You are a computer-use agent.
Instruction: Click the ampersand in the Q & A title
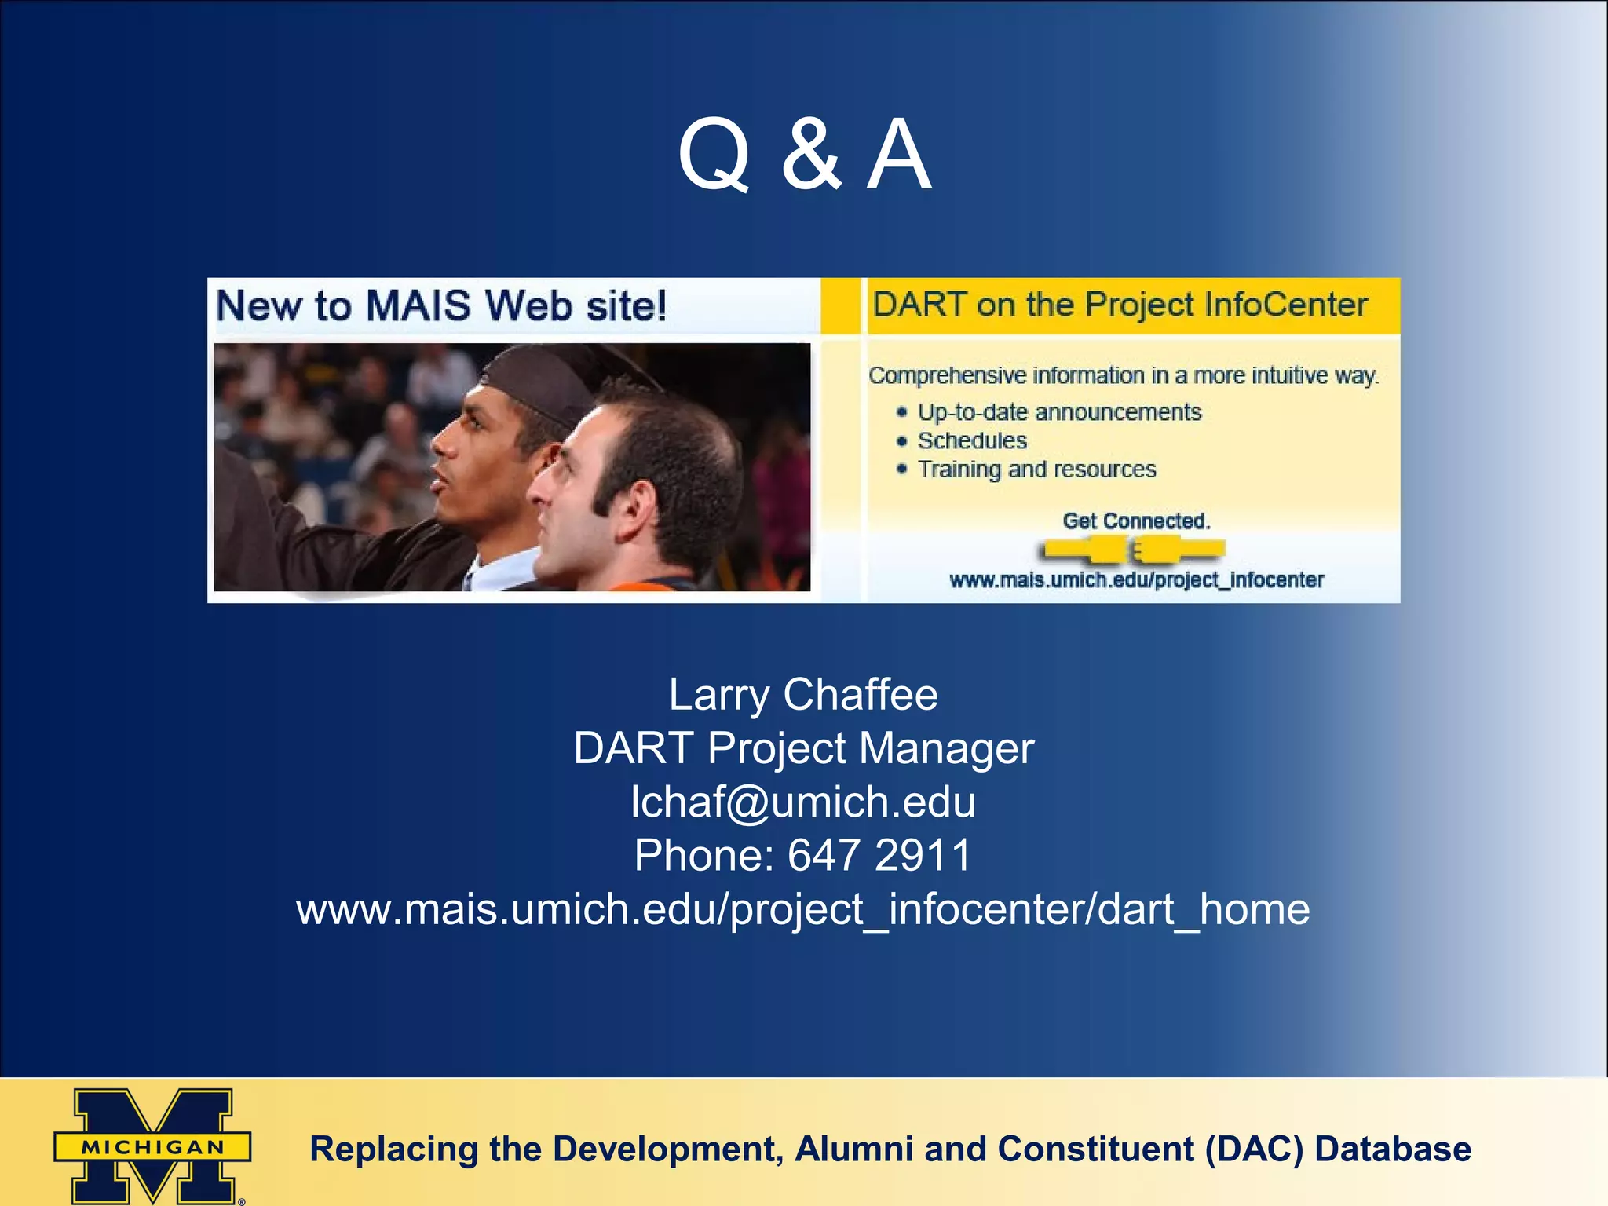point(811,155)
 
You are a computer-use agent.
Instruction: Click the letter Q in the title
point(713,155)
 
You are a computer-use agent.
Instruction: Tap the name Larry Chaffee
point(803,694)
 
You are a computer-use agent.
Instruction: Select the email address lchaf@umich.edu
point(803,802)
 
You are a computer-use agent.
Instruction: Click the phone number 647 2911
point(879,855)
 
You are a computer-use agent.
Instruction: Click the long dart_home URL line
point(803,909)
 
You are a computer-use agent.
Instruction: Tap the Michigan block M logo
point(152,1146)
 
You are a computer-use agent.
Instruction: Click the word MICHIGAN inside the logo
point(152,1147)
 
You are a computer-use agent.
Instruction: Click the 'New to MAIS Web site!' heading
point(441,305)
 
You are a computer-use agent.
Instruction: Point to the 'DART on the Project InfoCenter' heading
point(1120,305)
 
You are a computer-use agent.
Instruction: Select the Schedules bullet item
point(972,440)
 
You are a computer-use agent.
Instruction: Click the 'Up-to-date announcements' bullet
point(1059,412)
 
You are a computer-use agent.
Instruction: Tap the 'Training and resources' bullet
point(1036,470)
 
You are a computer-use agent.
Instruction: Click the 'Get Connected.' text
point(1136,521)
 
